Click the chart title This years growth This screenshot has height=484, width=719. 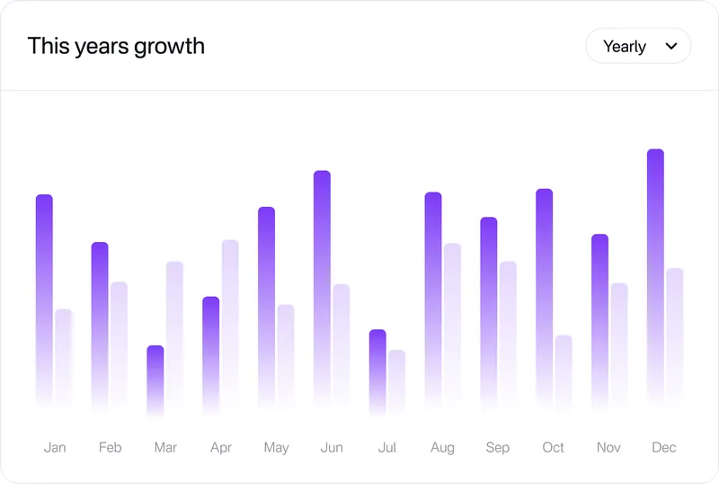(116, 46)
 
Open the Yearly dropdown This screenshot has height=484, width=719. (637, 47)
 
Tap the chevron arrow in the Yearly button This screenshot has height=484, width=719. (671, 47)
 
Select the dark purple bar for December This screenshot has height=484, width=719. (655, 270)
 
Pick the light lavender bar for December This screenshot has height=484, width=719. (674, 333)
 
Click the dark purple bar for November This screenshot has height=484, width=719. (599, 315)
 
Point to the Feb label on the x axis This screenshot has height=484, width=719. (111, 447)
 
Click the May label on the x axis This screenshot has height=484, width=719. (276, 447)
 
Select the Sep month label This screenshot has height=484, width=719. (497, 447)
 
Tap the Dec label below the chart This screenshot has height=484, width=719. (664, 447)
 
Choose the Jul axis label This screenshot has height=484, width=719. (387, 447)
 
